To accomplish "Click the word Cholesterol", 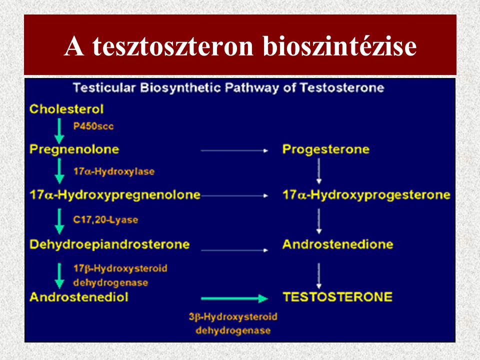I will point(67,108).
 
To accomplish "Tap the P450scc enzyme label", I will point(93,126).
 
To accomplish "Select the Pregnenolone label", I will point(74,149).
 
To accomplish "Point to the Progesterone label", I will point(326,149).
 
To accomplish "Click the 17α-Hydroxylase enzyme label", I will point(114,171).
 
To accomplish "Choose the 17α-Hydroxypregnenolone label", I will point(115,195).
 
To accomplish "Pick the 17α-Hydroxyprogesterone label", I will point(366,195).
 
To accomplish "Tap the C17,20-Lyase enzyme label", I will point(105,219).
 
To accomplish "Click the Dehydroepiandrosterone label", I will point(109,244).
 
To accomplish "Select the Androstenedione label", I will point(337,244).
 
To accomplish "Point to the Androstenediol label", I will point(79,297).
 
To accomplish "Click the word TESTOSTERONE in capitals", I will point(337,297).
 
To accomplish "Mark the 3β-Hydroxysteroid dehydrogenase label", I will point(233,323).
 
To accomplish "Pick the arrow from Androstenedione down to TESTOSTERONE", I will point(319,274).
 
